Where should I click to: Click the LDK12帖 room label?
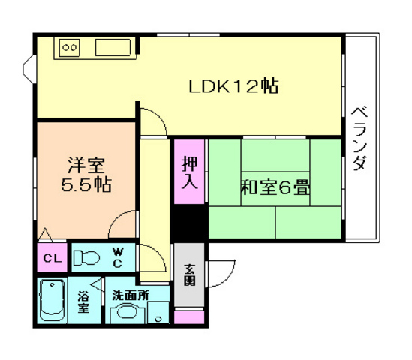(x=233, y=86)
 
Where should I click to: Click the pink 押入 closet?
(x=189, y=171)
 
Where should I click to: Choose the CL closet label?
(x=51, y=259)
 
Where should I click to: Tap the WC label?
(x=118, y=257)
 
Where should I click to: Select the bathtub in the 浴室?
(x=53, y=301)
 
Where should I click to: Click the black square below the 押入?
(x=189, y=222)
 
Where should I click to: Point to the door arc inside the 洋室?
(x=122, y=223)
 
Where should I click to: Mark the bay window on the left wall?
(x=29, y=71)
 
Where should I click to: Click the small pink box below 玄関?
(x=189, y=316)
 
